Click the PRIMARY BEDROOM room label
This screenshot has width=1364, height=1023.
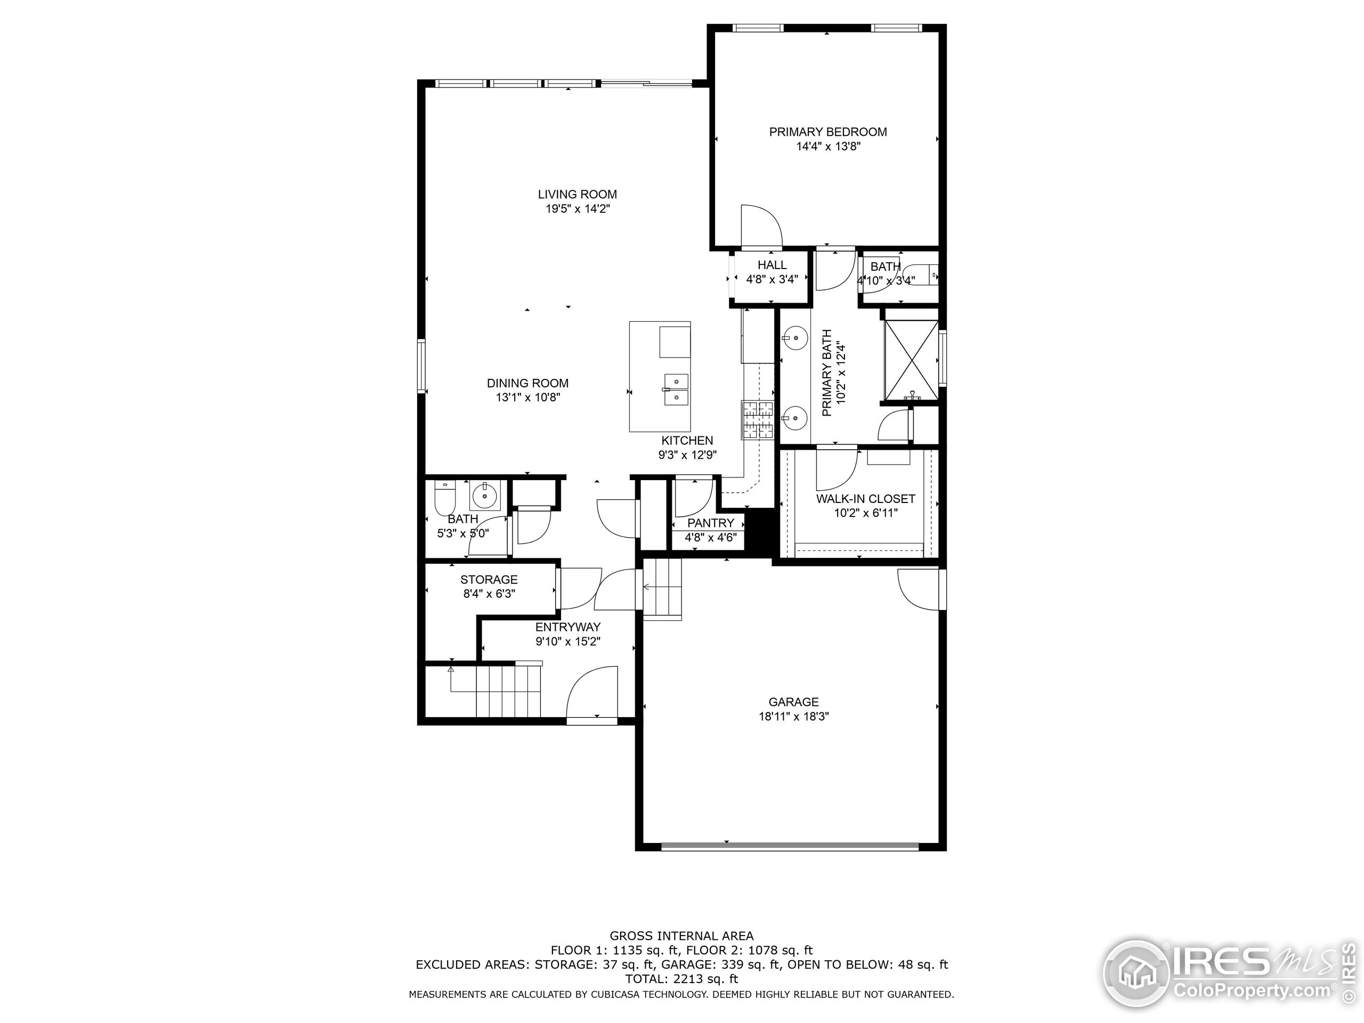pyautogui.click(x=827, y=132)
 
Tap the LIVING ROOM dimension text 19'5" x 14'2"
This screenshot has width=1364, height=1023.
pyautogui.click(x=577, y=209)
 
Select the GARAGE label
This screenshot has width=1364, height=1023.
pyautogui.click(x=793, y=702)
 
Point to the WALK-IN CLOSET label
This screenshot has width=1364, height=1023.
pyautogui.click(x=865, y=498)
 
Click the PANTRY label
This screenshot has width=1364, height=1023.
pyautogui.click(x=710, y=523)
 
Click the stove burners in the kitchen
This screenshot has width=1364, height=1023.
pyautogui.click(x=757, y=420)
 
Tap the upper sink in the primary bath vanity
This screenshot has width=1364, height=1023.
pyautogui.click(x=795, y=337)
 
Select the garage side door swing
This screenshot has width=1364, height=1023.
pyautogui.click(x=919, y=589)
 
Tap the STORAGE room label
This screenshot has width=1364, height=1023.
pyautogui.click(x=489, y=580)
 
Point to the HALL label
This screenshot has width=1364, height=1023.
pyautogui.click(x=772, y=264)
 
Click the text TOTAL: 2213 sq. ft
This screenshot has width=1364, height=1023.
pyautogui.click(x=681, y=979)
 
